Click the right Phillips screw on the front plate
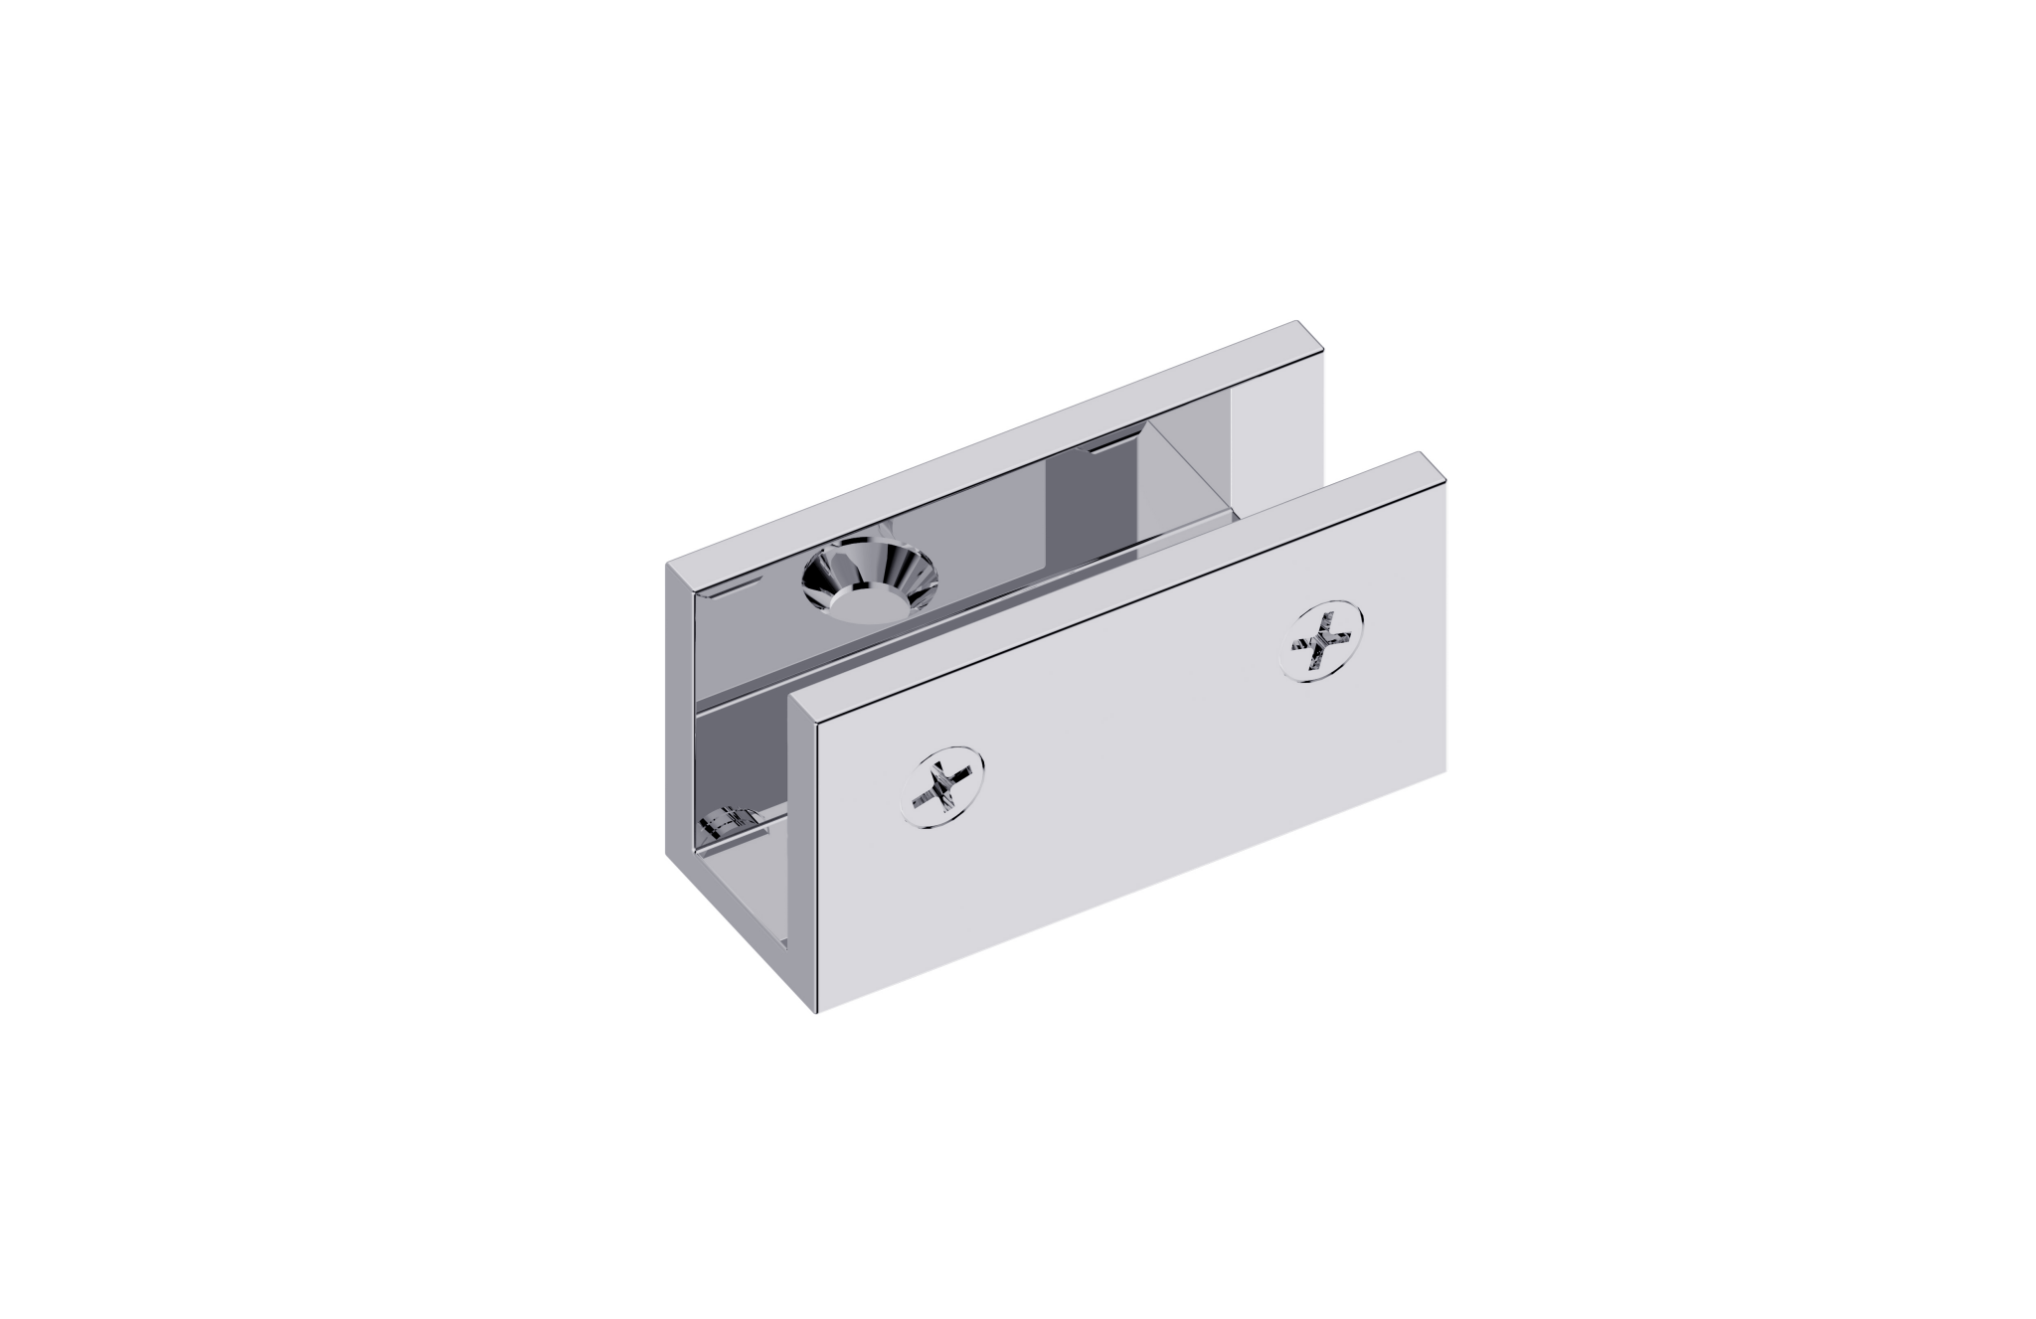coord(1325,640)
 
